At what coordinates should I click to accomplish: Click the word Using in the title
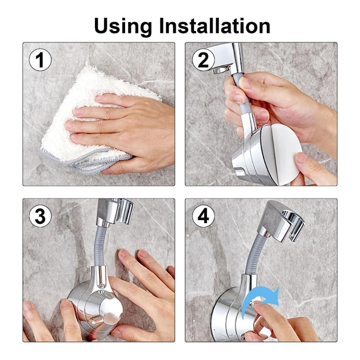123,27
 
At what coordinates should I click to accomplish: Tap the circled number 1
40,60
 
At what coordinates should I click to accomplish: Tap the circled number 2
203,60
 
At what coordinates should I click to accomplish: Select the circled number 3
40,216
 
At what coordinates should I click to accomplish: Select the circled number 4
203,216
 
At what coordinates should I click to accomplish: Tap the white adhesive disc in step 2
281,154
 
